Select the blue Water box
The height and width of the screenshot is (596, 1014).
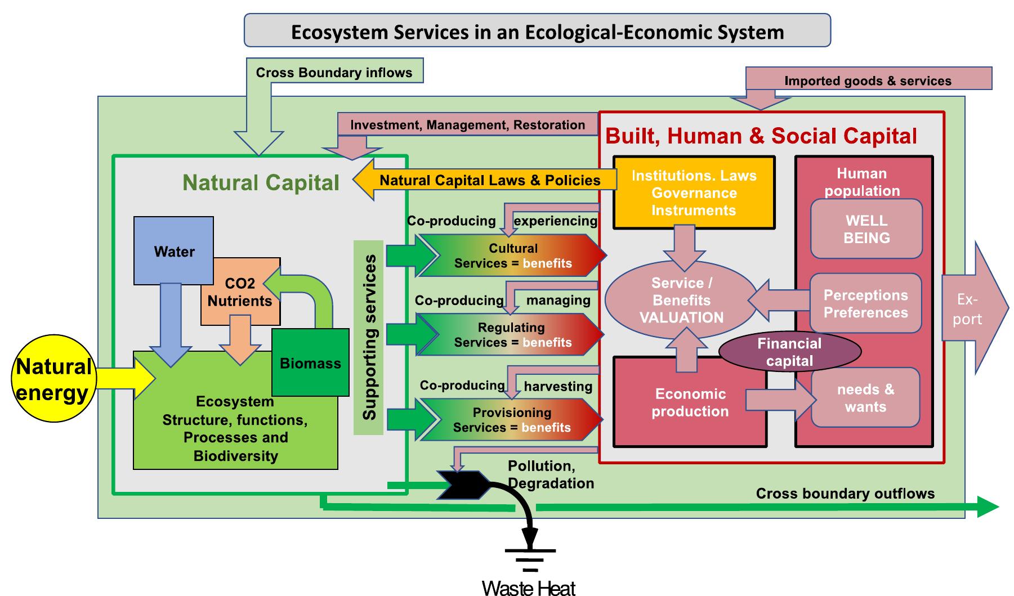pos(173,250)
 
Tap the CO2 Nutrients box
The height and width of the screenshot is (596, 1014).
pos(240,292)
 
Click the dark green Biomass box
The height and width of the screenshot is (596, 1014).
pos(310,363)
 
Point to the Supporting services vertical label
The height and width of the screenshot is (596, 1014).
pos(369,338)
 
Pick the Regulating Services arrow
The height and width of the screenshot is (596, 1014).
pos(511,335)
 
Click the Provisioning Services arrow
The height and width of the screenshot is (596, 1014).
pos(511,420)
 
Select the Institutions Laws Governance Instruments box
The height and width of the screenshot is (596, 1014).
pos(694,193)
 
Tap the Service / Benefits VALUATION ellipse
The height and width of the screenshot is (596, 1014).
pos(681,300)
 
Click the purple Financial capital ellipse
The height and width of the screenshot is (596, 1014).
pos(789,352)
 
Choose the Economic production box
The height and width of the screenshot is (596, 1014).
pos(690,402)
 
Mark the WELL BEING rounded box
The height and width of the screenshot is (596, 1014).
pos(866,229)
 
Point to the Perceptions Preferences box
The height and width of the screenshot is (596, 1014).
pos(865,303)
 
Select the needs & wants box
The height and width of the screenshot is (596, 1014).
pos(865,398)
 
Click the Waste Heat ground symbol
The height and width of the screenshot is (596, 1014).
pos(529,560)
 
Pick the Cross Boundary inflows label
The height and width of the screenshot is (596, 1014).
pos(334,73)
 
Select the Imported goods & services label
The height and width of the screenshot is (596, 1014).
pos(868,80)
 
